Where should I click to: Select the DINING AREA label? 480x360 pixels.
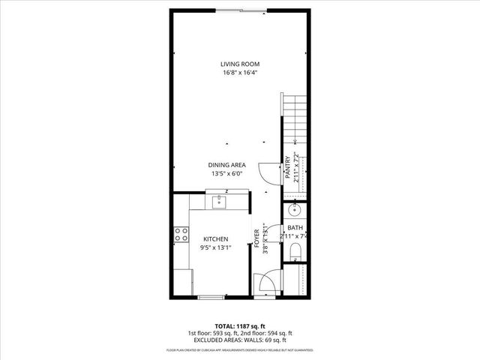(227, 165)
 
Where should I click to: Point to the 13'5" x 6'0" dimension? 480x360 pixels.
(227, 174)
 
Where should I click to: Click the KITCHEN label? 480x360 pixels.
(215, 238)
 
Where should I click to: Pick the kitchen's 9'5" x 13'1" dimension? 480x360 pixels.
(215, 247)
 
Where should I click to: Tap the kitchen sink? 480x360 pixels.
(220, 201)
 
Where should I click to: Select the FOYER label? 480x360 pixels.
(256, 238)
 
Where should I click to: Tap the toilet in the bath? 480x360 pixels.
(295, 248)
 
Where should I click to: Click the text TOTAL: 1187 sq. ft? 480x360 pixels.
(239, 326)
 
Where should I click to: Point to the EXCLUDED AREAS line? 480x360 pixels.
(239, 340)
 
